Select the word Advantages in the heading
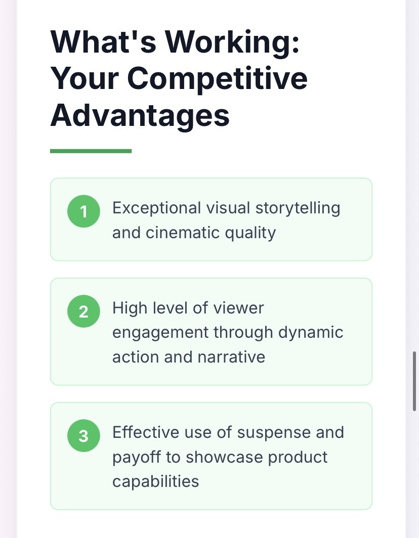[x=140, y=116]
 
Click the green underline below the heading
[x=91, y=151]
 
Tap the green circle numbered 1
[x=83, y=211]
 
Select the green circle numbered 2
[x=83, y=311]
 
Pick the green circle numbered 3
[x=83, y=436]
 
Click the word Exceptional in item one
[x=156, y=209]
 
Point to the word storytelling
[x=298, y=209]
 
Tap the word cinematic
[x=183, y=233]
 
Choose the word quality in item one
[x=250, y=234]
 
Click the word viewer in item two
[x=239, y=308]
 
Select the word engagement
[x=160, y=333]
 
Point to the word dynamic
[x=311, y=333]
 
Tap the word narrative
[x=231, y=357]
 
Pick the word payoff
[x=136, y=458]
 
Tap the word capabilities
[x=155, y=482]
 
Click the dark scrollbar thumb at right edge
[x=414, y=381]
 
